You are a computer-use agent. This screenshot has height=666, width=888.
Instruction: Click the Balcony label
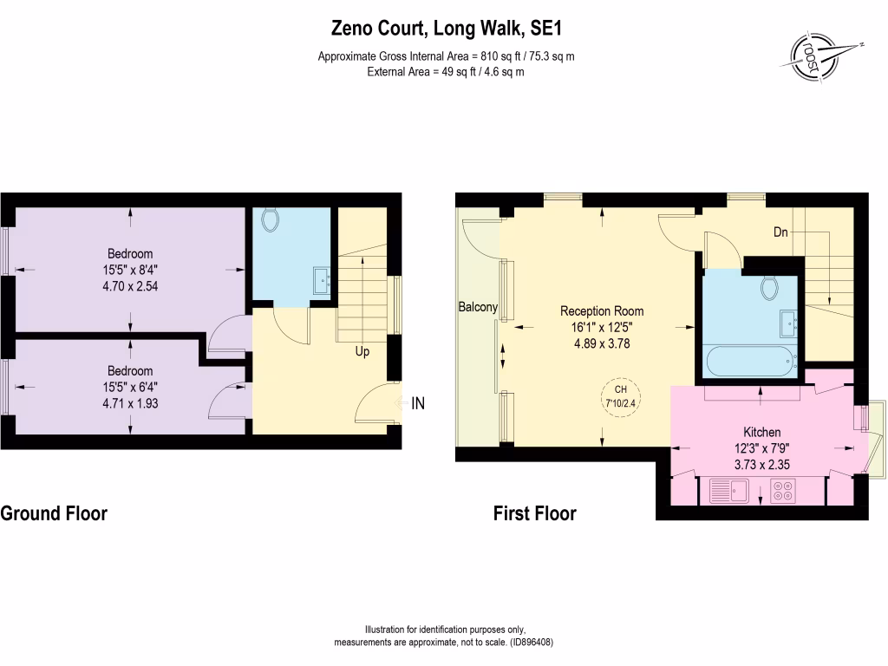[x=478, y=307]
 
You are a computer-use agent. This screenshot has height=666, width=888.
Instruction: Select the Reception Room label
[x=602, y=311]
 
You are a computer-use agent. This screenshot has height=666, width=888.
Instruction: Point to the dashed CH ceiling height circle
[x=620, y=395]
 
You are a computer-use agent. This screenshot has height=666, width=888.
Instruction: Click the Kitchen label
[x=761, y=432]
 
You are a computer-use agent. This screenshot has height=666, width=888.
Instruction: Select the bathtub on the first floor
[x=749, y=358]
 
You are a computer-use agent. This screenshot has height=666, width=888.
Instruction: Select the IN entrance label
[x=418, y=403]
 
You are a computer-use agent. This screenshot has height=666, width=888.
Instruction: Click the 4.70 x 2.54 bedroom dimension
[x=129, y=284]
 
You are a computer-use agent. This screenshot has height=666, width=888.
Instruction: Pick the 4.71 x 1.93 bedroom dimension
[x=129, y=403]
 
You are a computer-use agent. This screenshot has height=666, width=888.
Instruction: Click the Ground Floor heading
[x=54, y=513]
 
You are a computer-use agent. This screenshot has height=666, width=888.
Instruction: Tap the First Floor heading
[x=534, y=513]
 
